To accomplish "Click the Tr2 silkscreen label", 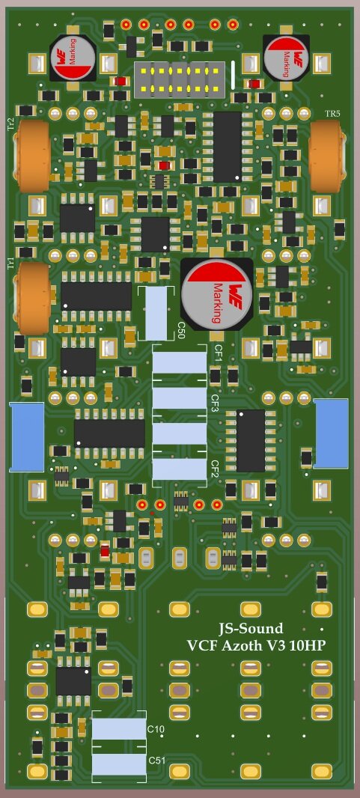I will pos(10,124).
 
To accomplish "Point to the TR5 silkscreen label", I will pos(332,114).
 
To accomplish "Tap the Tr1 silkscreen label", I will pos(10,264).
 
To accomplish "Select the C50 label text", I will pos(180,330).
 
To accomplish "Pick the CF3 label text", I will pos(214,404).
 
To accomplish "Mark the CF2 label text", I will pos(214,469).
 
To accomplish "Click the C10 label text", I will pos(156,729).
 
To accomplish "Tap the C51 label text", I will pos(156,761).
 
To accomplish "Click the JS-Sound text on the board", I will pos(250,629).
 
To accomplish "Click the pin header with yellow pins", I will pos(178,79).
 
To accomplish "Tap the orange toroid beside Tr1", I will pos(32,298).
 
